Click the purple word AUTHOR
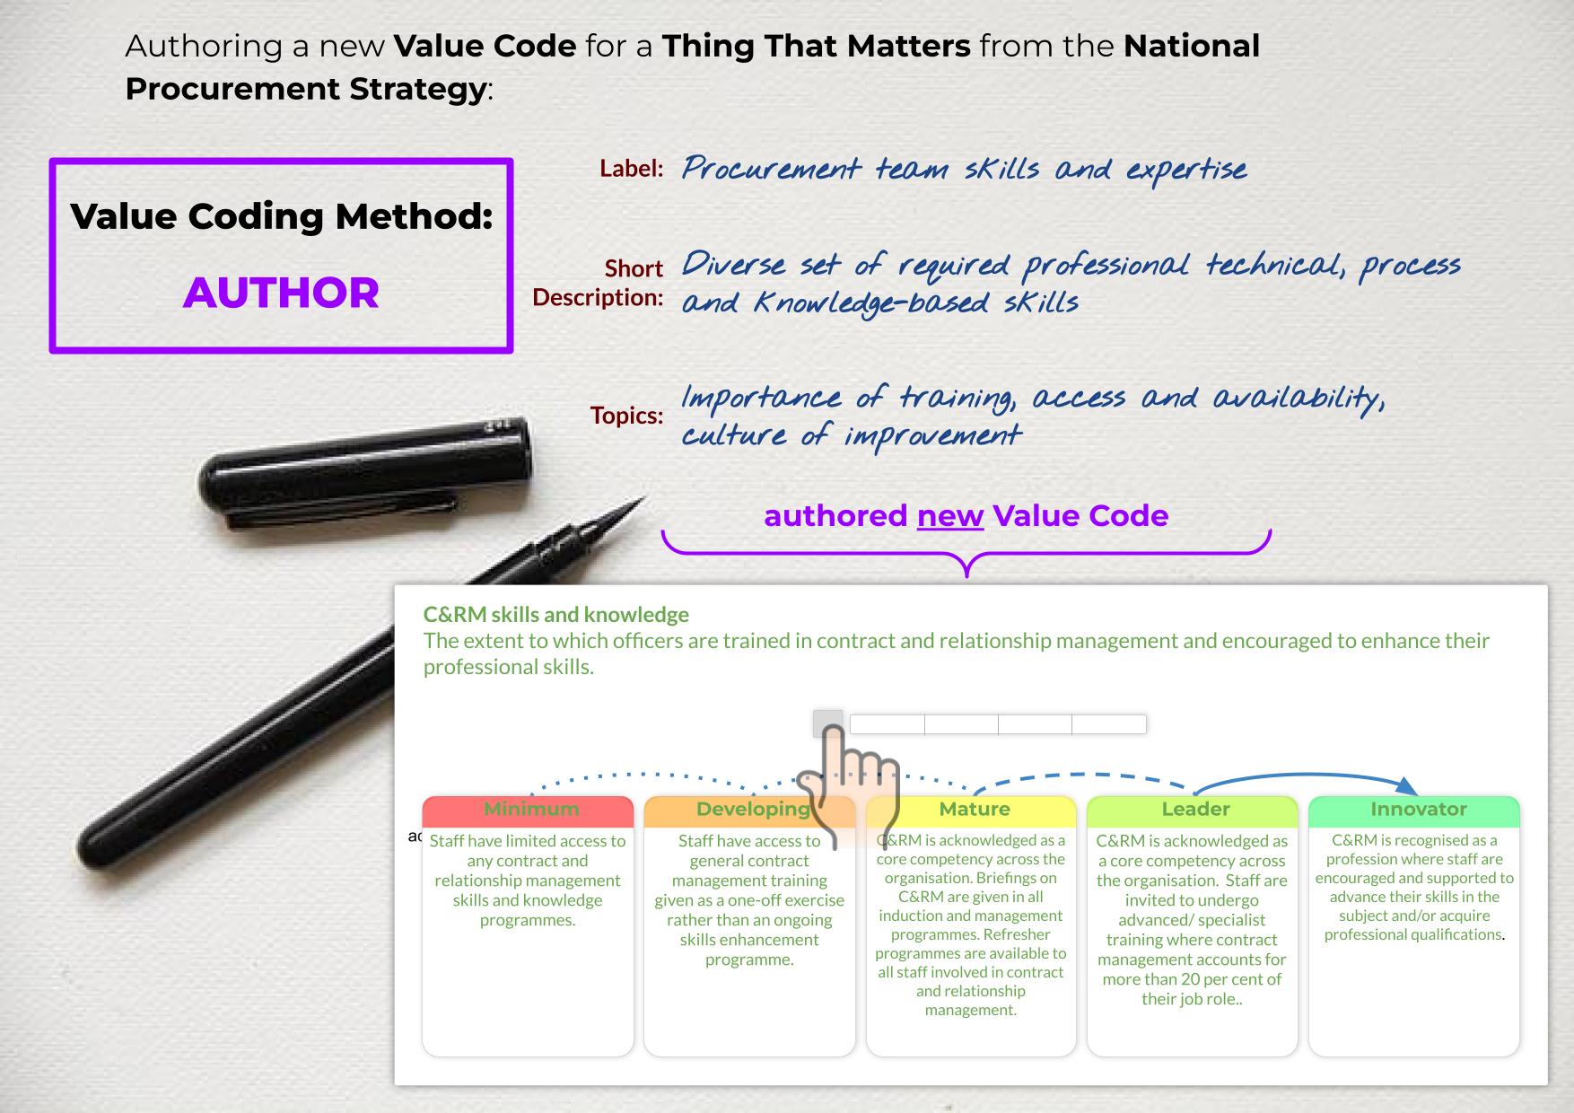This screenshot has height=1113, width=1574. (x=281, y=293)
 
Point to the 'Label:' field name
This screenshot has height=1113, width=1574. (x=632, y=169)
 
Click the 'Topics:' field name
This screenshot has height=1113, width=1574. (x=626, y=416)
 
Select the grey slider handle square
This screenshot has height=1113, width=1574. (x=827, y=723)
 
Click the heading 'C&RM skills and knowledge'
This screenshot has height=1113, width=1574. (x=556, y=615)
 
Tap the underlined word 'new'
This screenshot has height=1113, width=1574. (x=950, y=516)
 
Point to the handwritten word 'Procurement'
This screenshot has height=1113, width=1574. (x=771, y=169)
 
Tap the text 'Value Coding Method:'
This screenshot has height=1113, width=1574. (x=282, y=216)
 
